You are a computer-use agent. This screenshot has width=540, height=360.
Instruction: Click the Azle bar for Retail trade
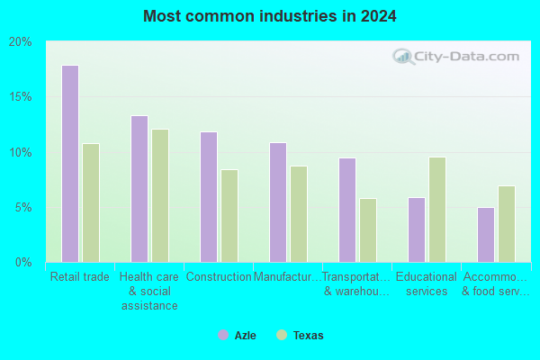coord(70,164)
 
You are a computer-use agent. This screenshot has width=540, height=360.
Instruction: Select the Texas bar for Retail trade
coord(91,202)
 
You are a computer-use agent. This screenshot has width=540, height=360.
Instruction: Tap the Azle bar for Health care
coord(139,189)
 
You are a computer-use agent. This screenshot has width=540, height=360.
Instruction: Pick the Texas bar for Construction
coord(229,216)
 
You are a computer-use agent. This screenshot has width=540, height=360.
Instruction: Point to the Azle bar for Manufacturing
coord(278,202)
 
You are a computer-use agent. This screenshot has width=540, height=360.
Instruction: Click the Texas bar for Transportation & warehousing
coord(368,230)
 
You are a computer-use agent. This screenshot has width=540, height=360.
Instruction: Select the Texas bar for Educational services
coord(437,210)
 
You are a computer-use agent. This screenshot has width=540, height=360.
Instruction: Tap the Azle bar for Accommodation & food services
coord(486,235)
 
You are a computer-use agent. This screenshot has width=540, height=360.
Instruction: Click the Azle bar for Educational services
coord(417,229)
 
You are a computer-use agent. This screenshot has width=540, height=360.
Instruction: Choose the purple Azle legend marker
coord(223,335)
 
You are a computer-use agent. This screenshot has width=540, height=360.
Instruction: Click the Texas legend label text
coord(308,335)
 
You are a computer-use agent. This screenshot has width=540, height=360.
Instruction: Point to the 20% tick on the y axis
coord(20,42)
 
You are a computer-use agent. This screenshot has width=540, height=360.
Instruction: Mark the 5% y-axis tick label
coord(23,207)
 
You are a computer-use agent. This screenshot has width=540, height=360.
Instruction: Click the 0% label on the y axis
coord(23,263)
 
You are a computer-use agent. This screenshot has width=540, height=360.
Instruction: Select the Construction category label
coord(219,276)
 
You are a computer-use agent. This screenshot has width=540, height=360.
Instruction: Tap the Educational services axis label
coord(427,283)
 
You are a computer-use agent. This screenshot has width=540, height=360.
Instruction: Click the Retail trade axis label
coord(80,276)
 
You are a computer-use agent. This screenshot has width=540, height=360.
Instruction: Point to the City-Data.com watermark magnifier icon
coord(403,57)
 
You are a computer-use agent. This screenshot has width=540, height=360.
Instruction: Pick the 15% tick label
coord(20,97)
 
